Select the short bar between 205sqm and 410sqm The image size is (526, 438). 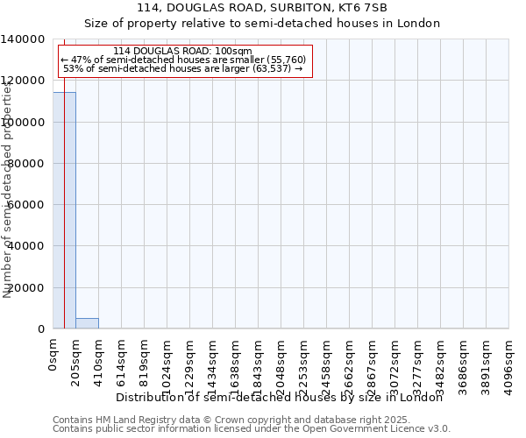point(87,323)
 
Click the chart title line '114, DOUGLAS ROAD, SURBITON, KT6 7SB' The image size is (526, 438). point(262,8)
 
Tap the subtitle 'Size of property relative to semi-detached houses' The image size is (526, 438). point(262,24)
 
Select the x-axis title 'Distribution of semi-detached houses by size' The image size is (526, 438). point(280,397)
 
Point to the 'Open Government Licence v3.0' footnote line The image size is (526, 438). point(252,429)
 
